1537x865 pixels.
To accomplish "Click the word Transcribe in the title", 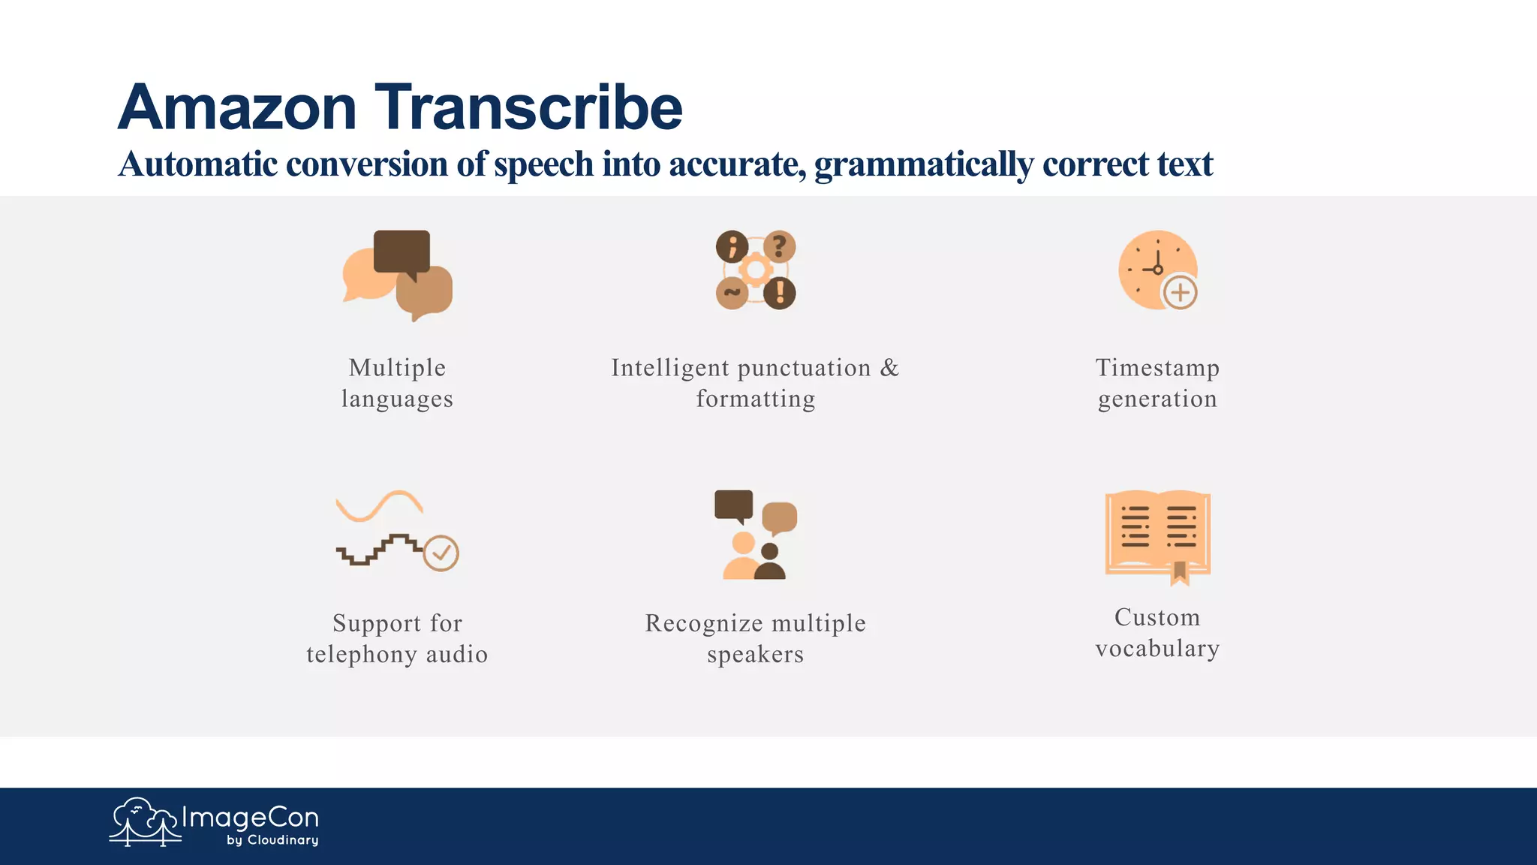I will tap(528, 108).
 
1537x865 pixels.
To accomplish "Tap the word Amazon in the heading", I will tap(237, 108).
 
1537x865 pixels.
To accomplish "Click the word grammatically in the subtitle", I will tap(924, 164).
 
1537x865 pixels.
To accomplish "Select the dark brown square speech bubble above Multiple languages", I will tap(402, 251).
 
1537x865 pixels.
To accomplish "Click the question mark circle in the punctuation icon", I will tap(780, 246).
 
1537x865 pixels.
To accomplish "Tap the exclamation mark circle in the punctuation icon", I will tap(780, 292).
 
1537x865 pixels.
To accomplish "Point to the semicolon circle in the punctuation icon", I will tap(732, 246).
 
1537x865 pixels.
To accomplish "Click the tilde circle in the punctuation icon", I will tap(732, 292).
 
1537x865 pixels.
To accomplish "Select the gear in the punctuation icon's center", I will tap(756, 270).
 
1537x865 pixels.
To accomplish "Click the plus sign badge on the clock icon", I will tap(1180, 292).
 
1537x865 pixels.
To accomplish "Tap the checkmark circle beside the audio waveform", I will tap(441, 553).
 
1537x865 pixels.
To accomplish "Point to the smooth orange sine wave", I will tap(379, 505).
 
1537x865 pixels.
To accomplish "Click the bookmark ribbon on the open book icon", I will tap(1180, 573).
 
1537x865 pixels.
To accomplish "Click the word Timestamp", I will tap(1157, 368).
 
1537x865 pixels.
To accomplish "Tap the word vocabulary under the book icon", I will tap(1157, 648).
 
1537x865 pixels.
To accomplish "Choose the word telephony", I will tap(362, 655).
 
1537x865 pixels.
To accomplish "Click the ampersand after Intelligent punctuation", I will tap(889, 368).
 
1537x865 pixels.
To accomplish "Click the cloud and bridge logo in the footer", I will tap(144, 821).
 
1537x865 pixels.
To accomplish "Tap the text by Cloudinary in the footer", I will tap(272, 840).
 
